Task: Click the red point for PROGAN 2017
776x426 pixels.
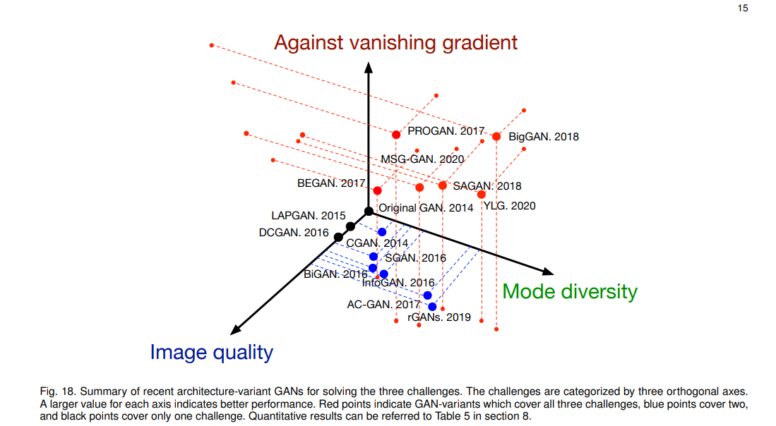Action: coord(396,134)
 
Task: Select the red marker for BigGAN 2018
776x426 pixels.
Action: coord(496,136)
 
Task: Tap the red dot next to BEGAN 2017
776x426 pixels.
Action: coord(377,190)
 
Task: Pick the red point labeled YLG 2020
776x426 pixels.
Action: coord(482,194)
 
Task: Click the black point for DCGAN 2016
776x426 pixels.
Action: coord(338,236)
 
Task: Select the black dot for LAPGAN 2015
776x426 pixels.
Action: coord(350,226)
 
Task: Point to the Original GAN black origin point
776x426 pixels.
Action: coord(369,211)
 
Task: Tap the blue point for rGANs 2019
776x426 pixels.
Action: coord(432,307)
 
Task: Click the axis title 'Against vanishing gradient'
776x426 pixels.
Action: coord(395,42)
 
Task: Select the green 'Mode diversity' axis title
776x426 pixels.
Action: coord(570,291)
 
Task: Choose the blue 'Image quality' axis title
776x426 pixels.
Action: coord(211,352)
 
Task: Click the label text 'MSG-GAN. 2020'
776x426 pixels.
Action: coord(422,159)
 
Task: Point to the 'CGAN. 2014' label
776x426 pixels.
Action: coord(376,244)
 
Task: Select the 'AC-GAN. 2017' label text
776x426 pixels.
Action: coord(383,305)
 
